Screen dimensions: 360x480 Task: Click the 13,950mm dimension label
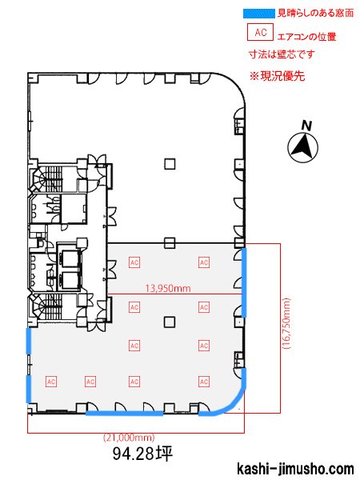168,288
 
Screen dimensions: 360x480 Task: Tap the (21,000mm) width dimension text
129,438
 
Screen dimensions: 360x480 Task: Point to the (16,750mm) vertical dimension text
287,323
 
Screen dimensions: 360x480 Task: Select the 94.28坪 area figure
142,454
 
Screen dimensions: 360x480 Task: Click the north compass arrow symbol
302,147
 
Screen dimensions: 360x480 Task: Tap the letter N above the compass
306,126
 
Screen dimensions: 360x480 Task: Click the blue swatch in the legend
258,14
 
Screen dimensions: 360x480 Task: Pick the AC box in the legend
260,32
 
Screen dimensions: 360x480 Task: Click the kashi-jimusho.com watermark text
295,469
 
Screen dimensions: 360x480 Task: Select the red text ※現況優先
277,76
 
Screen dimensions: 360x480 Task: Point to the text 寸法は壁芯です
282,54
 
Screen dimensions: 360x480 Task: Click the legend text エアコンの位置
306,37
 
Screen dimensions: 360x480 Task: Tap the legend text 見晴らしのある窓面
315,13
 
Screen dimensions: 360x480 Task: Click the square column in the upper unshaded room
170,164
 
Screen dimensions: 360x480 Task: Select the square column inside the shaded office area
170,322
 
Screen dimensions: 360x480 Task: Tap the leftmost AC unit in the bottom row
51,382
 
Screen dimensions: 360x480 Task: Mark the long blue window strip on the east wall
244,282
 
